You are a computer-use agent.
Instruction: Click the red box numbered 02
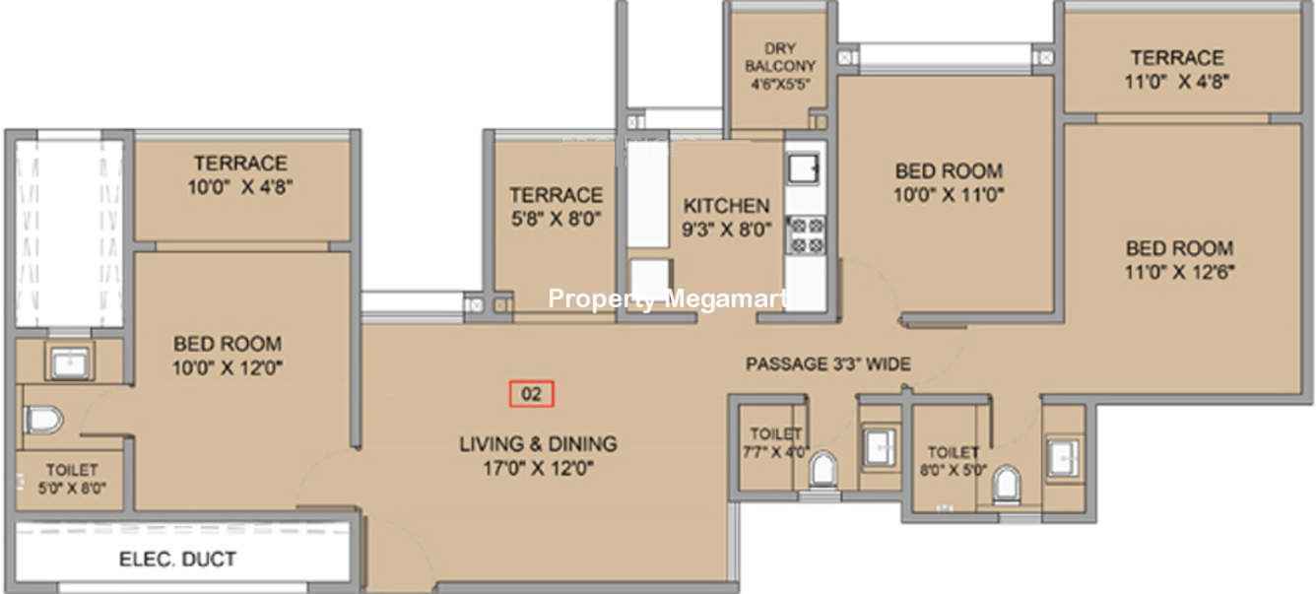(531, 394)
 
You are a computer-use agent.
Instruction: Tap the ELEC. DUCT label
(177, 559)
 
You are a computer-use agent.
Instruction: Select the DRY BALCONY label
(780, 57)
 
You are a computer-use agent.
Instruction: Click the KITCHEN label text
(726, 206)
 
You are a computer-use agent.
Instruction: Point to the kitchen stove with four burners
(806, 235)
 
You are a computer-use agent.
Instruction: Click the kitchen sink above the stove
(803, 168)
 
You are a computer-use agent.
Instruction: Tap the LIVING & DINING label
(538, 443)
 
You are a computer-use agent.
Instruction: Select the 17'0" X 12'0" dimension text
(538, 468)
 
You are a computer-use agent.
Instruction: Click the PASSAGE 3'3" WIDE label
(828, 363)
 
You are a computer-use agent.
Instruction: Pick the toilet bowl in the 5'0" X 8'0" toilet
(43, 420)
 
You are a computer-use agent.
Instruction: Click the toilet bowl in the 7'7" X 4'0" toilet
(822, 469)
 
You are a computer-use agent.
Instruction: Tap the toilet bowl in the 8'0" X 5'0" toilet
(1007, 484)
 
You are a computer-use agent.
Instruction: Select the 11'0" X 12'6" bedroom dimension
(1180, 272)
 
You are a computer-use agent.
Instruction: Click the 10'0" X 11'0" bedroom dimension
(949, 194)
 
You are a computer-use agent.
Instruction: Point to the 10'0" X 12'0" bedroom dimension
(228, 367)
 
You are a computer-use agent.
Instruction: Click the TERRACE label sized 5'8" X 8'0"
(556, 195)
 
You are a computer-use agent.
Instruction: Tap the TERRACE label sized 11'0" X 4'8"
(1177, 57)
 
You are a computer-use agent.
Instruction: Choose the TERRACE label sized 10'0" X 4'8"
(240, 163)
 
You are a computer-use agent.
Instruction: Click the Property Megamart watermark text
(667, 298)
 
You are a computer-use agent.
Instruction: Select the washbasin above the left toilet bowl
(70, 362)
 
